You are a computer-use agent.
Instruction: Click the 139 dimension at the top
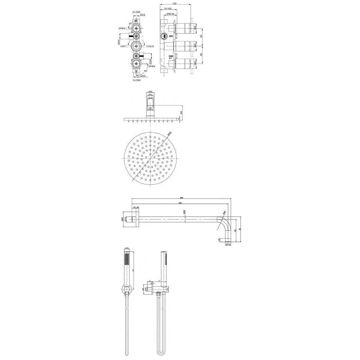click(x=174, y=3)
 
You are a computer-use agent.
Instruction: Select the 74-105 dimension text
click(x=168, y=9)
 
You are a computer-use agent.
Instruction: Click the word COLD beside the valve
click(x=150, y=46)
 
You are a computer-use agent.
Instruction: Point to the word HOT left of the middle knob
click(x=123, y=46)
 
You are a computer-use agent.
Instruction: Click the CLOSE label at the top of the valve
click(x=136, y=12)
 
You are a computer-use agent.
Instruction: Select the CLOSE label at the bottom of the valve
click(x=137, y=80)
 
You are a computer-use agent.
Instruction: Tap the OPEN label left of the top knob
click(x=122, y=28)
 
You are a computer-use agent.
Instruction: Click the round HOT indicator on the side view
click(x=164, y=36)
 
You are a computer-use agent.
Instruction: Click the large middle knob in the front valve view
click(x=136, y=46)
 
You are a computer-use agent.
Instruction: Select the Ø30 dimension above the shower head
click(x=151, y=91)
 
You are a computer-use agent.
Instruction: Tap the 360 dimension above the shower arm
click(x=181, y=198)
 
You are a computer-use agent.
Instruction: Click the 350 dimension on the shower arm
click(x=180, y=203)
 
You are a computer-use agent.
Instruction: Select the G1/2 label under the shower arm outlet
click(x=228, y=244)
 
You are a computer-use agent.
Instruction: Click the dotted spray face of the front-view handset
click(x=127, y=258)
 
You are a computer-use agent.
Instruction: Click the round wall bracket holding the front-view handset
click(x=127, y=290)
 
